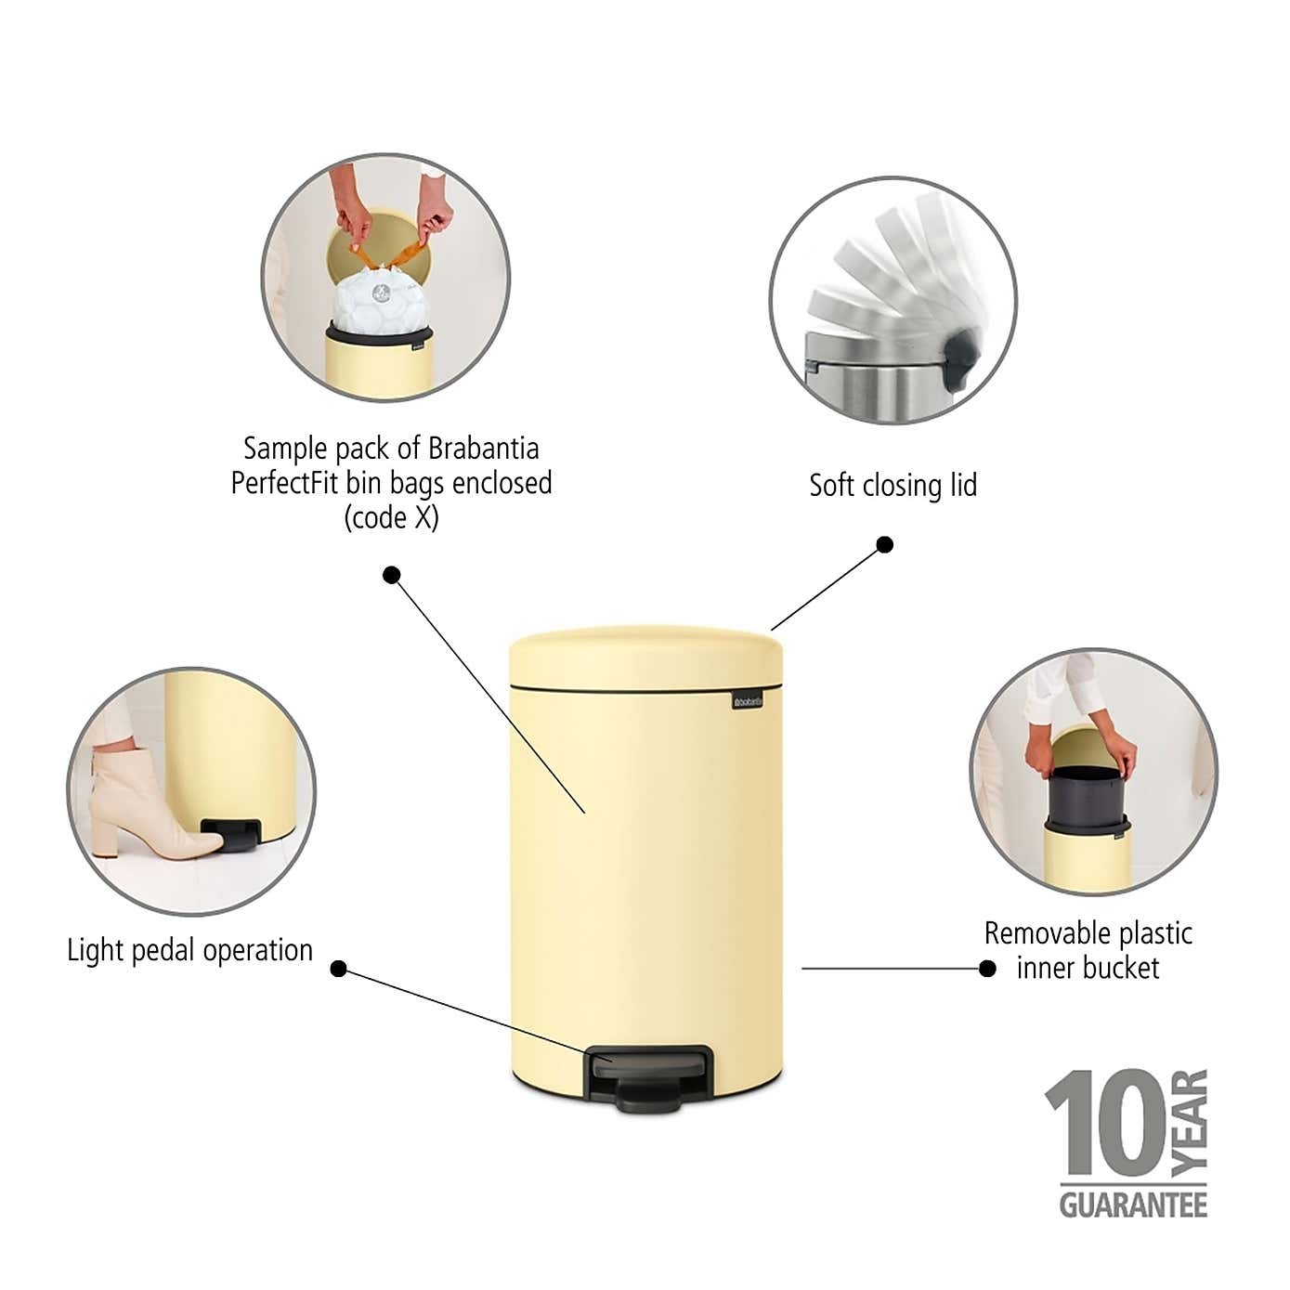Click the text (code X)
391,517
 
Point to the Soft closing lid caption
893,485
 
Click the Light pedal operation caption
189,950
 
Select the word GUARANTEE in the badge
1133,1205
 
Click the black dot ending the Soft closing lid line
885,544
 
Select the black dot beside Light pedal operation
339,970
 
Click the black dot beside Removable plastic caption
988,969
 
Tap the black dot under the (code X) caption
392,575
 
